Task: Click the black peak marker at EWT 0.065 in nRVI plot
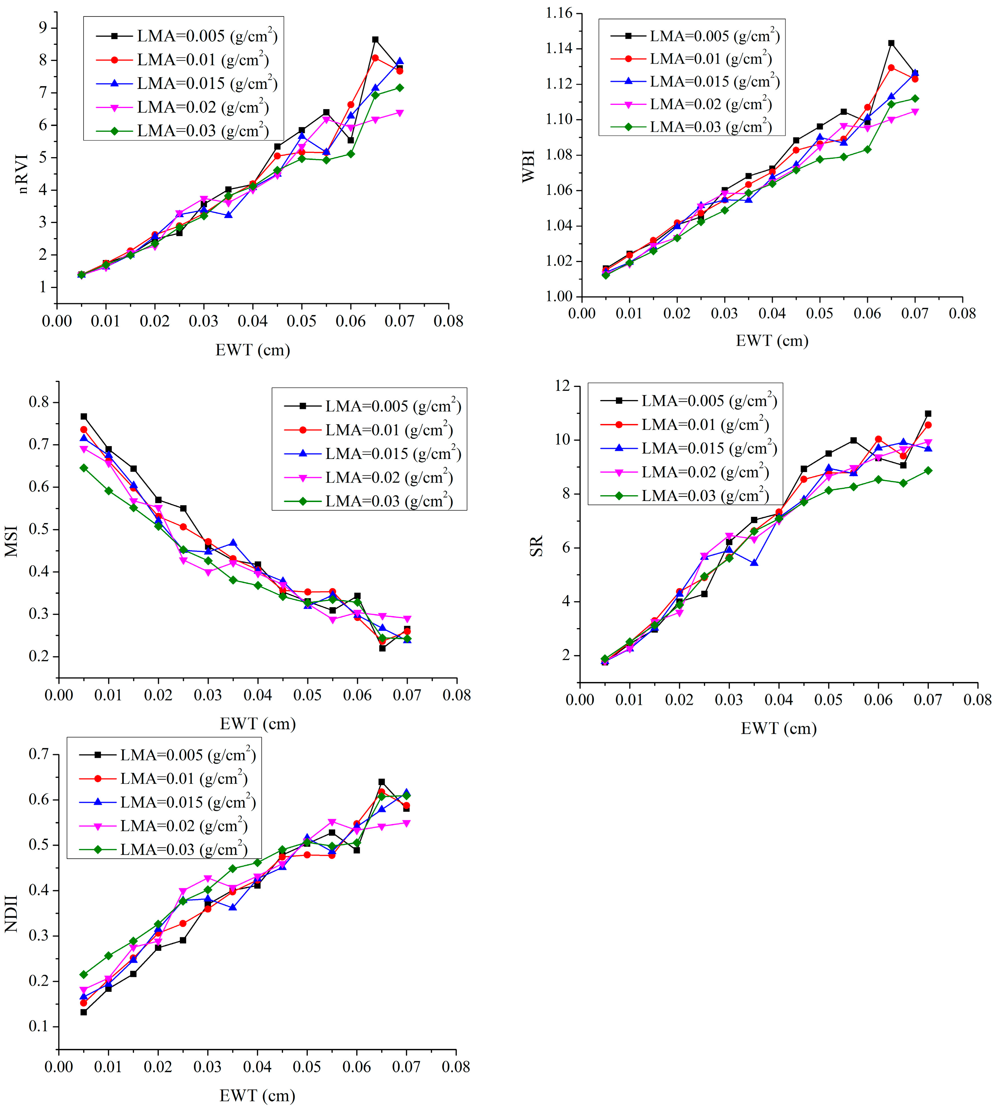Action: pos(375,39)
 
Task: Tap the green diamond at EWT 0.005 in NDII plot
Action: pos(84,975)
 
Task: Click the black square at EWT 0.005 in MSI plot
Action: pos(84,416)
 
